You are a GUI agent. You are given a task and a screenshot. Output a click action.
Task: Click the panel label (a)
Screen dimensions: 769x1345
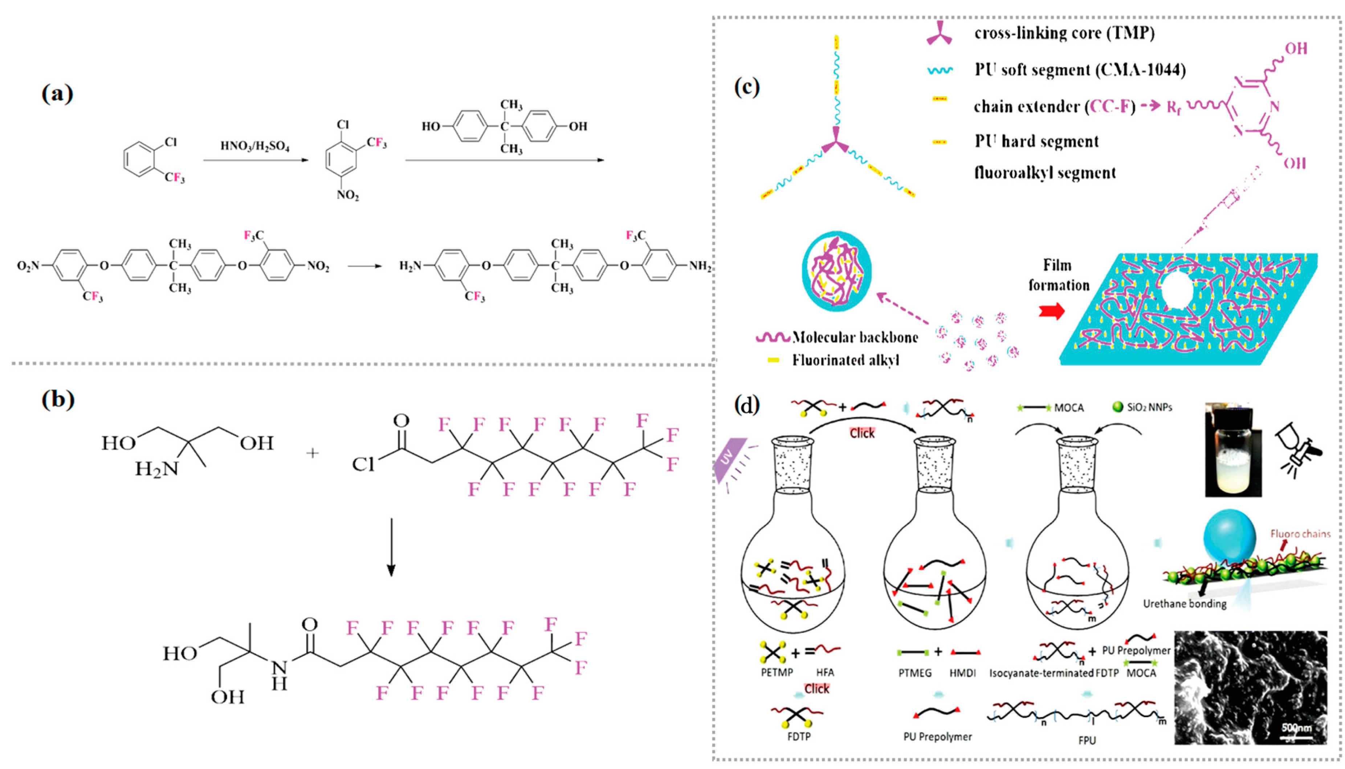(x=57, y=94)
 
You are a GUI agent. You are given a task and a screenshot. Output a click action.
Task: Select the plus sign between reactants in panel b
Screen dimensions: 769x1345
(x=313, y=453)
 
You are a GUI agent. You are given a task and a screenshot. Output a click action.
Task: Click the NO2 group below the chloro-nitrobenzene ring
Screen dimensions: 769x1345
(x=348, y=195)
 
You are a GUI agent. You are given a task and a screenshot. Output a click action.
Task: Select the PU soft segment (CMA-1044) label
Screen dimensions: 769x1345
(x=1080, y=70)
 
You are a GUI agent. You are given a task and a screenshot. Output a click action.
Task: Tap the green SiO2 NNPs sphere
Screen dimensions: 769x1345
(x=1117, y=407)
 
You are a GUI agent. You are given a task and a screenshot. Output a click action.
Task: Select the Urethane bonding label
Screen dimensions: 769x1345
(x=1185, y=604)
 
